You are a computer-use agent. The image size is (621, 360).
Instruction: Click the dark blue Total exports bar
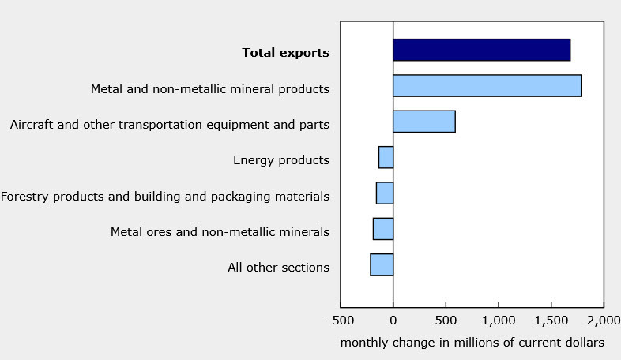pos(481,50)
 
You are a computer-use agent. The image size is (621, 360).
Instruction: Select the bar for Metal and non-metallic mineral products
pos(487,85)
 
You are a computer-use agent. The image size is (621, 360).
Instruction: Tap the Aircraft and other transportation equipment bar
pos(423,122)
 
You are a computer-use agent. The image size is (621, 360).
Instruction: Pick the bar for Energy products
pos(386,157)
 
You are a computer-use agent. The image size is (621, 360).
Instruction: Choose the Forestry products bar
pos(384,193)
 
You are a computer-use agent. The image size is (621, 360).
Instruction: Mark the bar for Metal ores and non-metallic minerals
pos(382,229)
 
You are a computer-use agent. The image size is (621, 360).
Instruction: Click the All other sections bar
pos(381,264)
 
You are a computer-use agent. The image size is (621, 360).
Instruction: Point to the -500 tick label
pos(341,321)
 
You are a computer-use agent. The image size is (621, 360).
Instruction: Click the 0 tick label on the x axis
pos(393,321)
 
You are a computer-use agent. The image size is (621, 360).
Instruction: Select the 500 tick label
pos(446,321)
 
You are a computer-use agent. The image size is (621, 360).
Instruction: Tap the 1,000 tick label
pos(498,321)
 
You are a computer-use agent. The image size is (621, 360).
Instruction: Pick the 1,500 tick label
pos(551,321)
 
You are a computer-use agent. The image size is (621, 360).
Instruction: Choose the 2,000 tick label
pos(603,321)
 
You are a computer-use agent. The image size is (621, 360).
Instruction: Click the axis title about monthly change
pos(472,343)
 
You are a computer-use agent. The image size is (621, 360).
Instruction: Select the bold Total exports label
pos(285,53)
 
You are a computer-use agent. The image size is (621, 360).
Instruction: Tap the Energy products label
pos(280,160)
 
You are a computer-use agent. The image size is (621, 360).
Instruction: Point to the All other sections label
pos(278,268)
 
